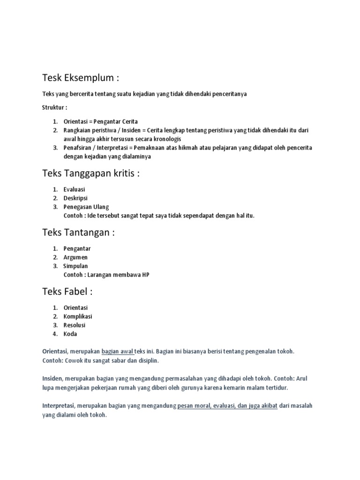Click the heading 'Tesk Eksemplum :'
(84, 77)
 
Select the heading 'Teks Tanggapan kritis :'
(91, 173)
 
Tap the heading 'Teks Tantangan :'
(78, 232)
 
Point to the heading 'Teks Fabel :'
(67, 292)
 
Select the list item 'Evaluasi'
(74, 189)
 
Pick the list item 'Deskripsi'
(75, 198)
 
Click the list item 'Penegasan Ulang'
(86, 207)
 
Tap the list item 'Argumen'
(75, 257)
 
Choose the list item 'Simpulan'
(75, 266)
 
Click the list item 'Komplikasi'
(78, 316)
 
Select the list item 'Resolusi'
(75, 325)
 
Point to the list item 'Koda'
(70, 334)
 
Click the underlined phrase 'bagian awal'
(118, 351)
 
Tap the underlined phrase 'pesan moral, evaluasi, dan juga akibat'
(227, 406)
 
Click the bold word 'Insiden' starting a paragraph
(52, 379)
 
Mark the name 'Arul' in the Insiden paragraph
(302, 379)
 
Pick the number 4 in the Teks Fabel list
(55, 334)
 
